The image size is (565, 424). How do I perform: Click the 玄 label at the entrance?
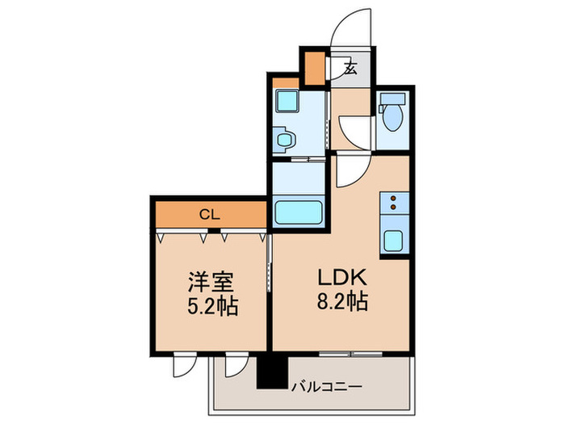coord(351,69)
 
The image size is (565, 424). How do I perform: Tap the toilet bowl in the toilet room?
coord(393,115)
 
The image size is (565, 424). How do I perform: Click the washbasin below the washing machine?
coord(286,141)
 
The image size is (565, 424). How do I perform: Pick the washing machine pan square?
coord(287,103)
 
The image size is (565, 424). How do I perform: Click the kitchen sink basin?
coord(394,241)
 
